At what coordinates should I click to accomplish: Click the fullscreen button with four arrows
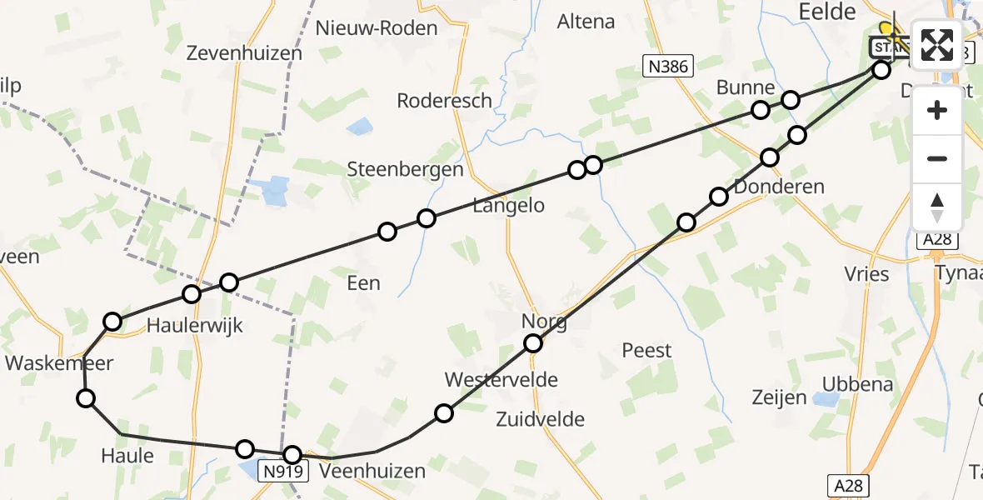[x=937, y=45]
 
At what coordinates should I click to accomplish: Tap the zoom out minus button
[x=937, y=158]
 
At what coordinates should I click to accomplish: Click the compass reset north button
[x=937, y=207]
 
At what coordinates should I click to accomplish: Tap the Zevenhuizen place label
[x=244, y=53]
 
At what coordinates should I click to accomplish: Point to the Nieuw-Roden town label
[x=377, y=28]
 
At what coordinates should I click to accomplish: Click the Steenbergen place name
[x=405, y=169]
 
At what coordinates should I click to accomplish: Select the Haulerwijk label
[x=195, y=325]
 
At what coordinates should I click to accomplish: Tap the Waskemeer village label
[x=58, y=362]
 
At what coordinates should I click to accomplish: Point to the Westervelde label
[x=501, y=380]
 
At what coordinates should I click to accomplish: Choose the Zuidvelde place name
[x=541, y=419]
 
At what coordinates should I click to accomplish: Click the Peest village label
[x=646, y=350]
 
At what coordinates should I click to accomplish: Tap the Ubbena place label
[x=857, y=384]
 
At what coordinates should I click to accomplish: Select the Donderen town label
[x=779, y=187]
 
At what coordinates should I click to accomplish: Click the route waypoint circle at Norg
[x=533, y=343]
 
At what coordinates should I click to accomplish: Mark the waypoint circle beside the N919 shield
[x=292, y=455]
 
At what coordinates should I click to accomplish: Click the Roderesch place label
[x=445, y=101]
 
